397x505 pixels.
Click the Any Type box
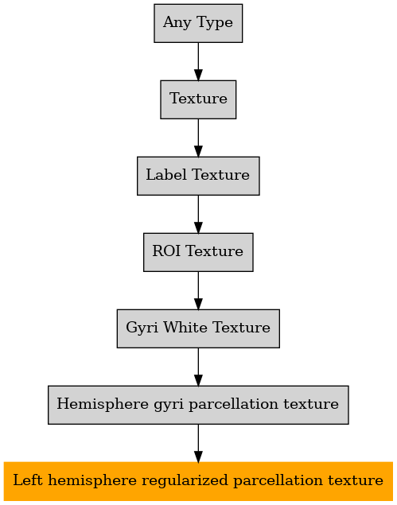pos(198,23)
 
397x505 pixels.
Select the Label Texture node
pos(198,176)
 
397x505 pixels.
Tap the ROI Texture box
pos(198,252)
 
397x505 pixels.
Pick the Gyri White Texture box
pos(198,328)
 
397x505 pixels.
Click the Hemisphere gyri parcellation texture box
pos(198,405)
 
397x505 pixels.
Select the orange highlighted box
pos(198,481)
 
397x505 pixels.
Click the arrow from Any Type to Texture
pos(198,61)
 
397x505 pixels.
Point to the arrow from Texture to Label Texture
pos(198,138)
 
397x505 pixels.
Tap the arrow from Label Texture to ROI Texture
pos(198,214)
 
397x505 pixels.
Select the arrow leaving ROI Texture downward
pos(198,290)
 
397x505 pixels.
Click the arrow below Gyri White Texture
pos(198,367)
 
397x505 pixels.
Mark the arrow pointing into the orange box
pos(198,443)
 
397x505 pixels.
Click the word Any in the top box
pos(177,23)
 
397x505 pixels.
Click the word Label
pos(166,174)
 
